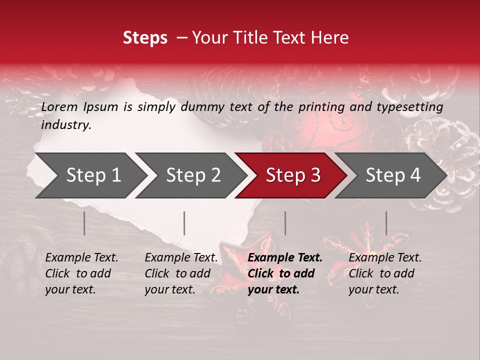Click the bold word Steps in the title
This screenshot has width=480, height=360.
pyautogui.click(x=145, y=38)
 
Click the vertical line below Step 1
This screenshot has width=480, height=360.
pyautogui.click(x=84, y=223)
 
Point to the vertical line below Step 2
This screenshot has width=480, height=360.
pyautogui.click(x=184, y=223)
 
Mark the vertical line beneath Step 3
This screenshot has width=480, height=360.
pyautogui.click(x=285, y=223)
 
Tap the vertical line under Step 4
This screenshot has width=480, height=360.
pyautogui.click(x=386, y=223)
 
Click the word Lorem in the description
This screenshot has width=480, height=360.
pyautogui.click(x=59, y=106)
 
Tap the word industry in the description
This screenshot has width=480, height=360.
pyautogui.click(x=66, y=124)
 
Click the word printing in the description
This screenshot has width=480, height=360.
pyautogui.click(x=320, y=106)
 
